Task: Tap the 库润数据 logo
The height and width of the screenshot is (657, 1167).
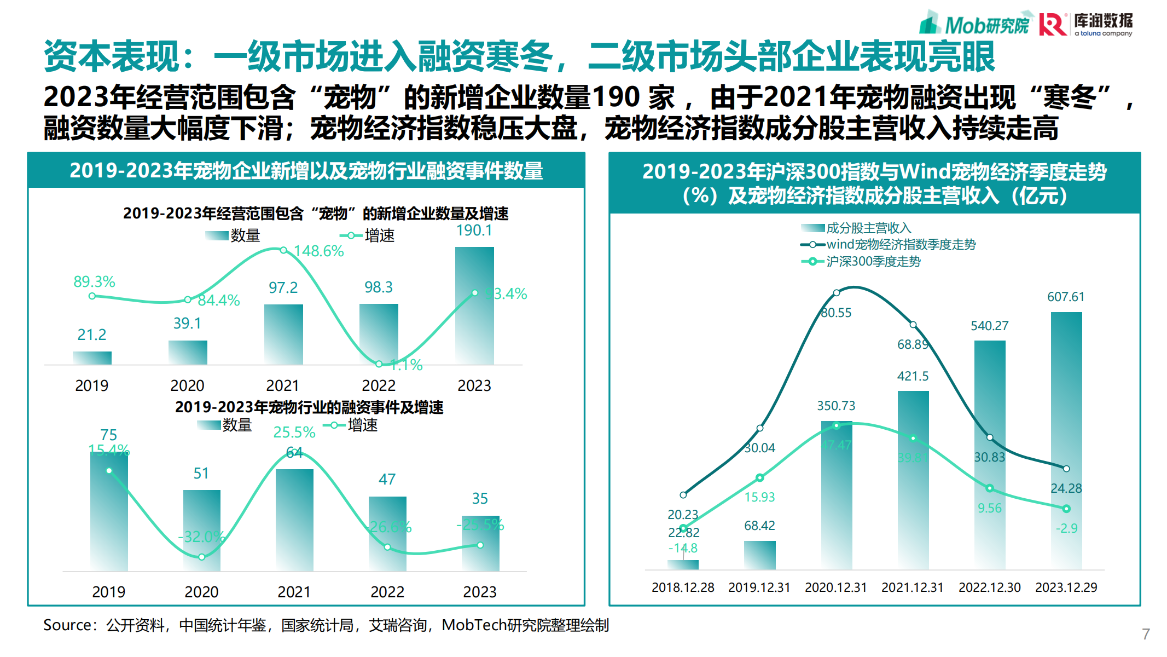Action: click(x=1087, y=25)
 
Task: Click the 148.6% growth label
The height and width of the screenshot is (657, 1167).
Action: click(x=318, y=251)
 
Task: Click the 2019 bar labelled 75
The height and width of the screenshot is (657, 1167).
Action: click(x=109, y=512)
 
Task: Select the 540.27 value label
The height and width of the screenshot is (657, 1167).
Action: click(x=989, y=326)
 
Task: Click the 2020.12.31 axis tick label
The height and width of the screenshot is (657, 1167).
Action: click(x=835, y=587)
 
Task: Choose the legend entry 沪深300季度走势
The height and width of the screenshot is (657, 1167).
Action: click(x=873, y=262)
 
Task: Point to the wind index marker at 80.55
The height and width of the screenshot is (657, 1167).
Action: click(x=836, y=293)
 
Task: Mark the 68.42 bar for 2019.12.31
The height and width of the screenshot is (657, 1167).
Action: click(x=759, y=555)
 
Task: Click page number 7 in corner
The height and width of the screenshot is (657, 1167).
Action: click(x=1146, y=634)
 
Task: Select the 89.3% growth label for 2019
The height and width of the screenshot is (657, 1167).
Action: click(x=94, y=282)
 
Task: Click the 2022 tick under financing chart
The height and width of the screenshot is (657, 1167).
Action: click(x=387, y=592)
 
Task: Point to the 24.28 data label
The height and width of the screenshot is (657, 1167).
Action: click(x=1066, y=488)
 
